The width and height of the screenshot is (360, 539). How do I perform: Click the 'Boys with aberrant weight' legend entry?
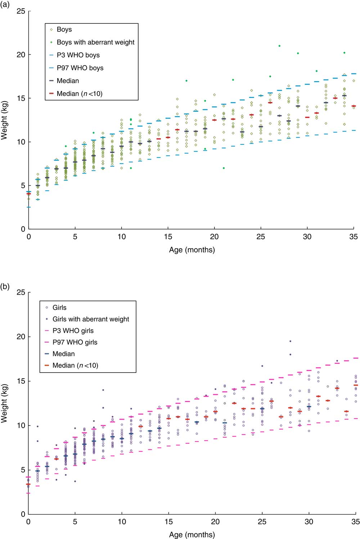coord(95,42)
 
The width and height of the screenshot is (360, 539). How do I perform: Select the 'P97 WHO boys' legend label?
coord(80,68)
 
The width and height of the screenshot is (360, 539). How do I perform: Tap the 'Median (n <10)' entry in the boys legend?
coord(80,94)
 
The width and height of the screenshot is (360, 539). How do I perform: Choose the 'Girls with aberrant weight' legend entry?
coord(91,319)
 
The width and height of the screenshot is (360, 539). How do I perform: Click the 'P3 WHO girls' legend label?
coord(73,331)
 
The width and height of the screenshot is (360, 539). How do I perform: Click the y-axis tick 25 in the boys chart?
coord(21,11)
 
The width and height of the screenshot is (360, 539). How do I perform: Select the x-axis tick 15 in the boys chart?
coord(168,237)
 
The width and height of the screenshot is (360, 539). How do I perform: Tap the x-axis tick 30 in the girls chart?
coord(309,522)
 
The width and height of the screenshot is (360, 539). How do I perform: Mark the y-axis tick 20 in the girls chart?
coord(21,337)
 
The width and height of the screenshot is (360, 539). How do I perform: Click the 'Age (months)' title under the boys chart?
coord(192,250)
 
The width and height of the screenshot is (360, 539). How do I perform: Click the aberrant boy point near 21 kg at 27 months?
coord(279,46)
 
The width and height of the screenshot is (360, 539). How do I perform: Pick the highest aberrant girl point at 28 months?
coord(290,341)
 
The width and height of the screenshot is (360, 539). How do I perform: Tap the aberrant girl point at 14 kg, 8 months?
coord(103,390)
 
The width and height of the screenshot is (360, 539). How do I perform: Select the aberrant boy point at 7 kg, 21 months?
coord(224,168)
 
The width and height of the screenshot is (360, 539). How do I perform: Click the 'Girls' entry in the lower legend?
coord(59,308)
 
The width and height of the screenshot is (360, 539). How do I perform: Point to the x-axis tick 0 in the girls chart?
coord(28,522)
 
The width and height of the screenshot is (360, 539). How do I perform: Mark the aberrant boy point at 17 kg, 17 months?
coord(186,81)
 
